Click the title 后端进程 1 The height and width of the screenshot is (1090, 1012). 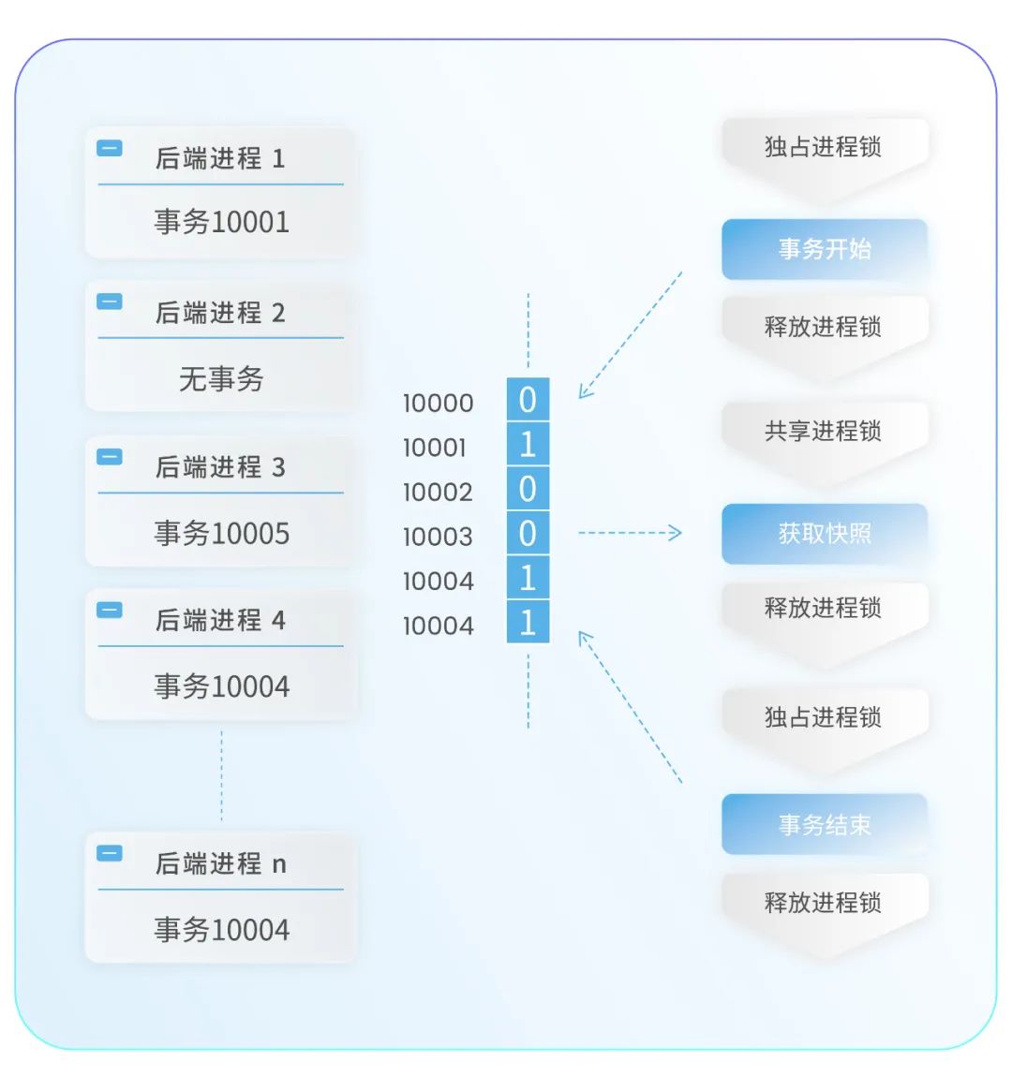coord(220,158)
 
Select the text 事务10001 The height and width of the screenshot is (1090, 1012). coord(221,222)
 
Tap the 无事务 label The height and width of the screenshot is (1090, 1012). coord(221,378)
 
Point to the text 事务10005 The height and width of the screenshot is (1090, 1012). coord(221,534)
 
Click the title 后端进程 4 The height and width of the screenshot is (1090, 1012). coord(220,620)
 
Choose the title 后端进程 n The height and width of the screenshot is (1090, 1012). coord(220,863)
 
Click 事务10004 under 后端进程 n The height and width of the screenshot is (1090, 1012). coord(221,930)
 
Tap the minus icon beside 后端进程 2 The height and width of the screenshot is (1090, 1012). coord(110,302)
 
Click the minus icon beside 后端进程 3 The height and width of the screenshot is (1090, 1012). coord(110,456)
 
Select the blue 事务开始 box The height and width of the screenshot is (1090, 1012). coord(824,249)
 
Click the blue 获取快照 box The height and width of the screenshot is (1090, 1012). coord(824,534)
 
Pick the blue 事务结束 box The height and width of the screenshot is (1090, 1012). coord(824,825)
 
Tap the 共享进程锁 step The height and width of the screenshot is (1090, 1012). coord(824,432)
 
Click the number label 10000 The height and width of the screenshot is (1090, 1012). coord(438,404)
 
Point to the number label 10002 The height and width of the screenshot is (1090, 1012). coord(438,493)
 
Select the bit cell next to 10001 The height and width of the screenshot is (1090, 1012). coord(528,444)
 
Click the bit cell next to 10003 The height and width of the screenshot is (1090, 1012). coord(528,534)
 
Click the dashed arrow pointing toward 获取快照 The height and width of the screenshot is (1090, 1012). coord(630,533)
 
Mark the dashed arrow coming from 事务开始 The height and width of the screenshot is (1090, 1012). coord(630,335)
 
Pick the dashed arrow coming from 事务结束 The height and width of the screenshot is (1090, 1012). coord(630,706)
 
